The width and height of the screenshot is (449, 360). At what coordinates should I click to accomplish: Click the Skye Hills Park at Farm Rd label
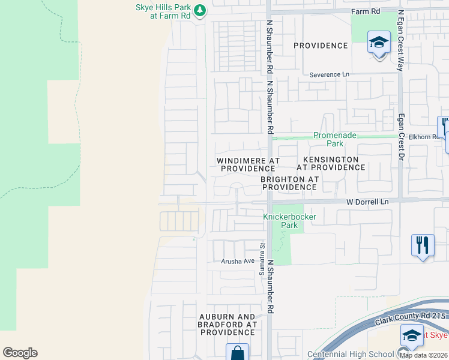[164, 11]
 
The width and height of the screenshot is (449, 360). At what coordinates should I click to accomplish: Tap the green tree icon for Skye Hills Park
[201, 10]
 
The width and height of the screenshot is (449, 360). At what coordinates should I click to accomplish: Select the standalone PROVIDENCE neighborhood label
[321, 46]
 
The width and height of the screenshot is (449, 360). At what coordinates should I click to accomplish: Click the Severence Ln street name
[329, 75]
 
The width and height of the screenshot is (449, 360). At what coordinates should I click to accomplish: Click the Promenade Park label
[328, 140]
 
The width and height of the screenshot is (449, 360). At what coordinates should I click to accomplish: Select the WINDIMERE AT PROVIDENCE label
[249, 165]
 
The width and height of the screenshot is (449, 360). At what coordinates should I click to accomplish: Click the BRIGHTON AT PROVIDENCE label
[289, 183]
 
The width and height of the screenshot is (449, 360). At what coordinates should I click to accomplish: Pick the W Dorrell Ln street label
[368, 202]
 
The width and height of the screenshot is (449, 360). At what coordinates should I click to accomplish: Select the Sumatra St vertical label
[262, 260]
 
